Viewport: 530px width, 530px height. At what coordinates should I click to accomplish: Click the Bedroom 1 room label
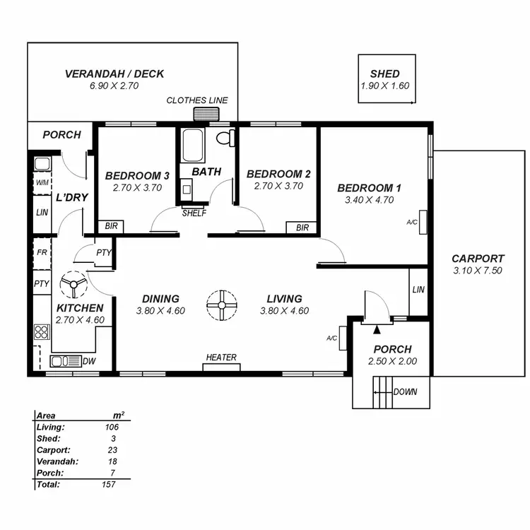click(x=369, y=188)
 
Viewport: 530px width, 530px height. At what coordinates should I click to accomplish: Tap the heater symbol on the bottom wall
click(x=221, y=367)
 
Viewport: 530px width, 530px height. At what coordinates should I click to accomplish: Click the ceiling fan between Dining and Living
click(x=221, y=305)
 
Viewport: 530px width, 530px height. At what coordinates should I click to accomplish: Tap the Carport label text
click(x=478, y=259)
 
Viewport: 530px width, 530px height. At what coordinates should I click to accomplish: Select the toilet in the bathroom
click(x=225, y=138)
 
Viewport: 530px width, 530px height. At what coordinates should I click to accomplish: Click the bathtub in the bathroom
click(x=192, y=145)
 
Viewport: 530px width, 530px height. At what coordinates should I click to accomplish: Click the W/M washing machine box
click(x=42, y=182)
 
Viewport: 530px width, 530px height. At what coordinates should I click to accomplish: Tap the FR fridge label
click(x=42, y=252)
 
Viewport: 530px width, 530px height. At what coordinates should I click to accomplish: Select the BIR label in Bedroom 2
click(x=302, y=228)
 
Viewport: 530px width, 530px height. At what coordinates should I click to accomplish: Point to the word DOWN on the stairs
click(x=404, y=392)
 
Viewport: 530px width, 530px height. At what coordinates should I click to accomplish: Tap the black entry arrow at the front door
click(x=376, y=329)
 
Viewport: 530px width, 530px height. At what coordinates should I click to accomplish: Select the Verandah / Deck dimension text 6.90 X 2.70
click(x=114, y=86)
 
